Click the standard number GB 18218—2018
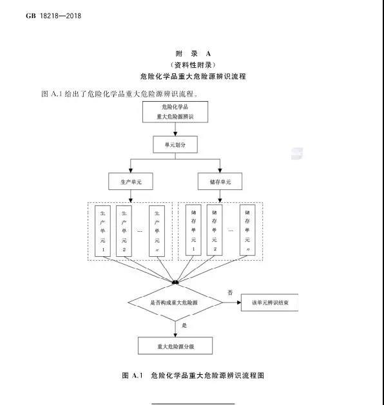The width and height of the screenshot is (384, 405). pos(53,15)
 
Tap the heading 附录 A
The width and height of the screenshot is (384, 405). pos(193,53)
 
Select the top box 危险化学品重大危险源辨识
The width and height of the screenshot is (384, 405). pos(175,112)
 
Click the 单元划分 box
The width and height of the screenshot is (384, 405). pos(175,145)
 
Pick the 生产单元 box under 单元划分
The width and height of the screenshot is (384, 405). pos(131,182)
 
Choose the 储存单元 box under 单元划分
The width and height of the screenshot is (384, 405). pos(220,182)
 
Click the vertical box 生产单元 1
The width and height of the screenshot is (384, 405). pos(103,231)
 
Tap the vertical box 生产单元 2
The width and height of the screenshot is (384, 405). pos(124,231)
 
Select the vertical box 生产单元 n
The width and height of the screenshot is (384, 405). pos(157,231)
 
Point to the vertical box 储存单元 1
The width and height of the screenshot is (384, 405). pos(193,230)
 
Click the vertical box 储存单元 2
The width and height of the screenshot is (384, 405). pos(215,230)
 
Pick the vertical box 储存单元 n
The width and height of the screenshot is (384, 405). pos(247,230)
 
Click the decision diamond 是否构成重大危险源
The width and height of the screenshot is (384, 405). pos(175,303)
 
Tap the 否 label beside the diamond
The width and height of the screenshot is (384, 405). pos(230,292)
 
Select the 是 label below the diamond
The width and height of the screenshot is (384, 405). pos(184,325)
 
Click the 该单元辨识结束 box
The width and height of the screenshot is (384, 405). pos(270,303)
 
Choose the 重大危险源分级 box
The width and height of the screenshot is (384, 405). pos(175,346)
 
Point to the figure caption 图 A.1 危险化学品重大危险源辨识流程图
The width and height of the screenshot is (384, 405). pos(193,375)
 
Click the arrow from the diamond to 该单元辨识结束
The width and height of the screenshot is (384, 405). pos(231,303)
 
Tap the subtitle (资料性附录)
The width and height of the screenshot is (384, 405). pos(193,65)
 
